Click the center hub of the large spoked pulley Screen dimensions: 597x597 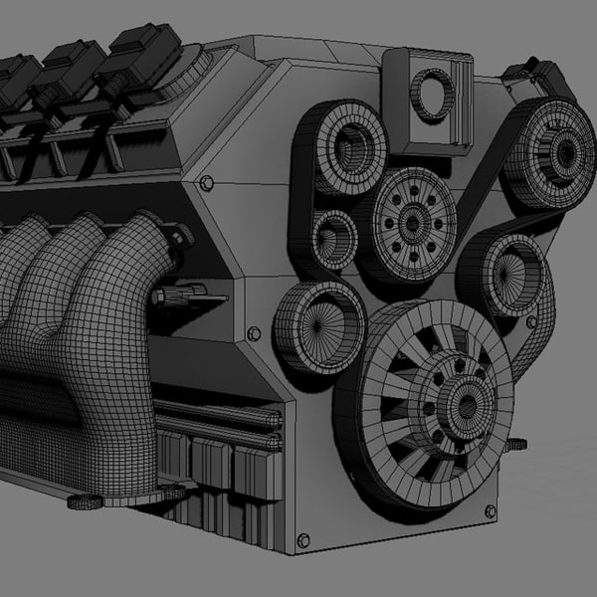(459, 398)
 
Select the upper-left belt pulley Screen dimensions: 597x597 (344, 149)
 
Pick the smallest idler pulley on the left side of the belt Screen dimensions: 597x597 (333, 238)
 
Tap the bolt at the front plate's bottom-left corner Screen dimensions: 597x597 (302, 540)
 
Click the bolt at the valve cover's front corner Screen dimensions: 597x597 (206, 184)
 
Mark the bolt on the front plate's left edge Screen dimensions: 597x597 (253, 333)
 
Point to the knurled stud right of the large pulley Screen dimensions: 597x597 (516, 444)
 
